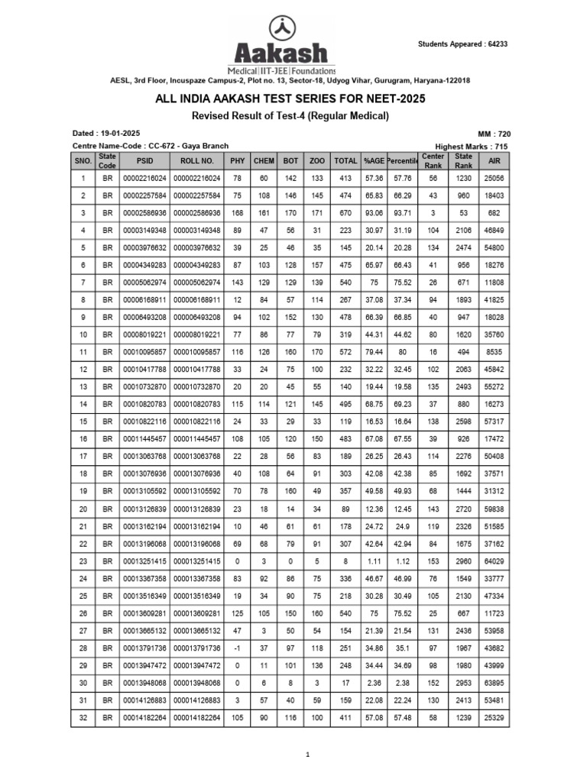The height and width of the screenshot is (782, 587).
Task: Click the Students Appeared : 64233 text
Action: coord(462,44)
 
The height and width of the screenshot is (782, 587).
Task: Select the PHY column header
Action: coord(237,161)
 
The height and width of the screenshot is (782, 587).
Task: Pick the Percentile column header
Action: coord(403,161)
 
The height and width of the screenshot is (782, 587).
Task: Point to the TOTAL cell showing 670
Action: coord(345,213)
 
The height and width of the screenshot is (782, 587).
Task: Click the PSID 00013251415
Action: coord(144,561)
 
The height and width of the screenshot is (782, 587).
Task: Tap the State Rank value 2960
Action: coord(464,561)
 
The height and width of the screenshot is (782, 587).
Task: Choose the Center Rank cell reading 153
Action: coord(433,561)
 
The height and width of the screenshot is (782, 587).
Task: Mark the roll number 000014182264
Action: coord(196,718)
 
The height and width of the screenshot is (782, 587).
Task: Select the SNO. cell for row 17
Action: coord(83,457)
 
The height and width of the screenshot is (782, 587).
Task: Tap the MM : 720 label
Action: coord(493,133)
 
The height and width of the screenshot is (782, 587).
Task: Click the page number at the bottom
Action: coord(307,755)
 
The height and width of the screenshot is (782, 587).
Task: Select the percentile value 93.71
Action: coord(403,213)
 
